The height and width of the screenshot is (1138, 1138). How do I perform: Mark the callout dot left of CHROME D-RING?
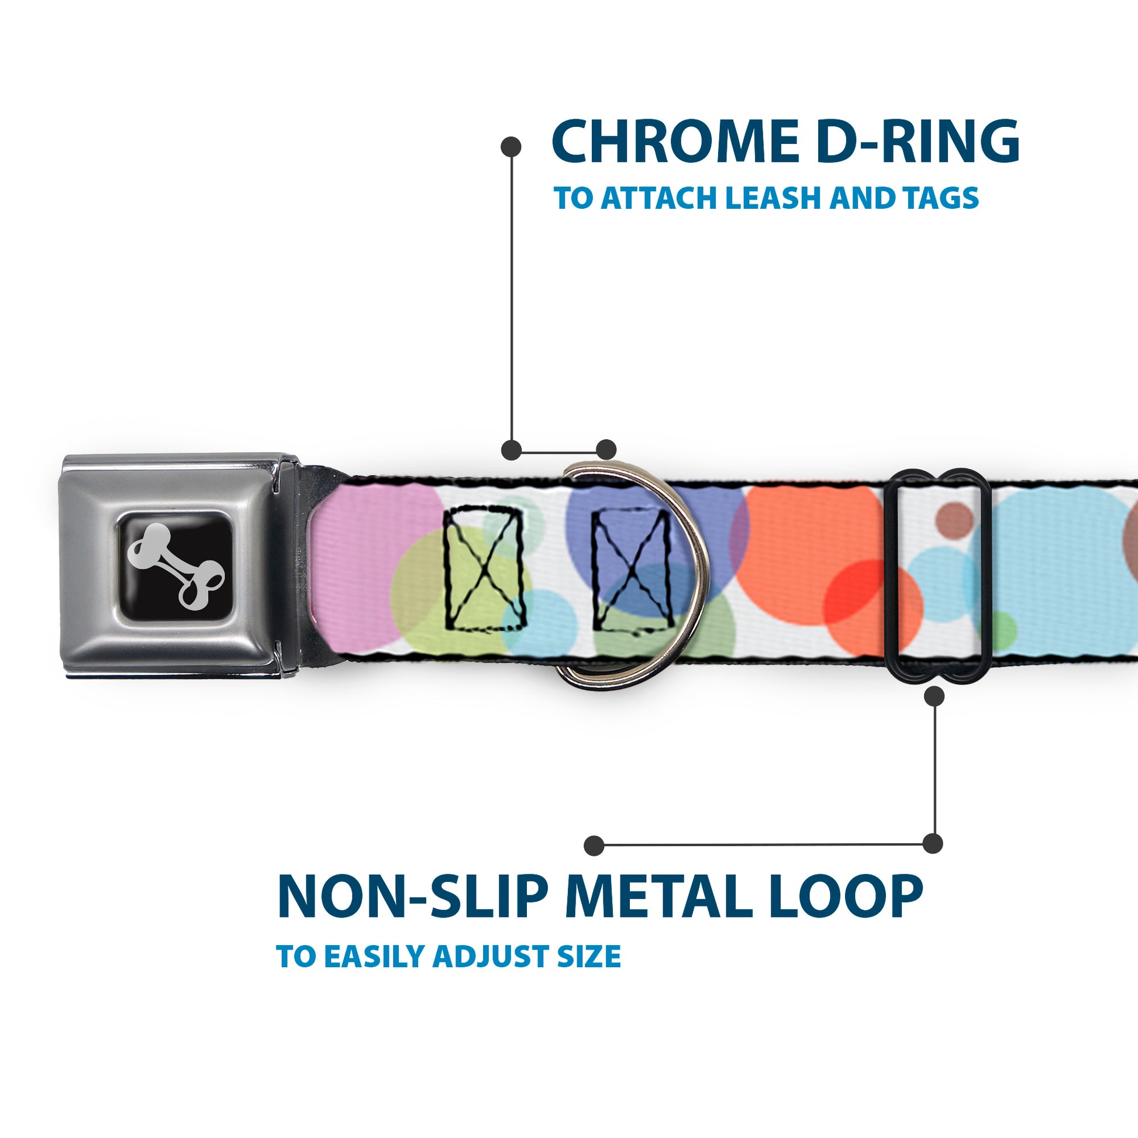tap(511, 147)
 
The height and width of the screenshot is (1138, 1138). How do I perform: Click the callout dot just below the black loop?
tap(934, 696)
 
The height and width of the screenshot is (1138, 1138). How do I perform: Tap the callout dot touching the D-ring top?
tap(606, 450)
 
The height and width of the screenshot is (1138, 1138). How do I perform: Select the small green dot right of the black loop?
tap(1002, 627)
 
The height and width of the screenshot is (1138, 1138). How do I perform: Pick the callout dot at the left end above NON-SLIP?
tap(594, 845)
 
